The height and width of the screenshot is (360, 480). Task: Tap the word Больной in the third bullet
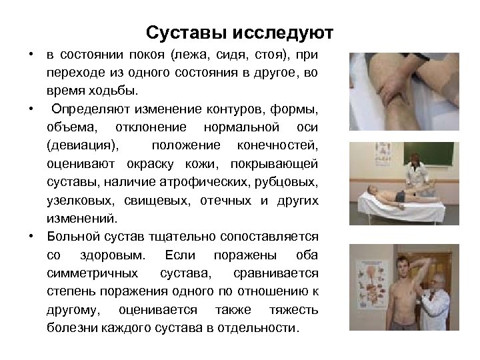coord(75,237)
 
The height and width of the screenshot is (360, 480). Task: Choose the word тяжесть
coord(293,310)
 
